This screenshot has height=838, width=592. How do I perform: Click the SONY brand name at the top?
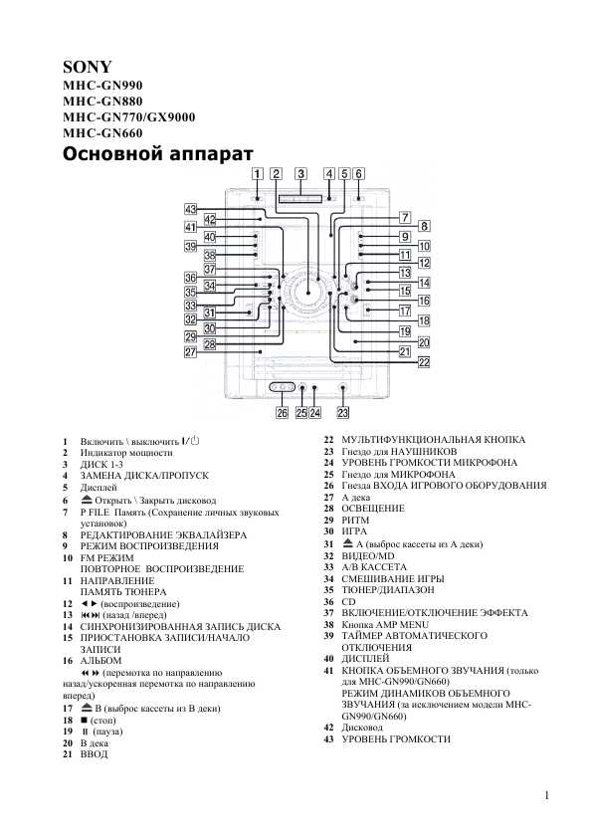[x=88, y=67]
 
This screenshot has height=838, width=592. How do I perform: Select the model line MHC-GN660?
[x=102, y=133]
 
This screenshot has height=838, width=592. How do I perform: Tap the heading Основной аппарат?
[x=157, y=154]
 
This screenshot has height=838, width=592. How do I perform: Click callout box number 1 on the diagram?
[x=258, y=174]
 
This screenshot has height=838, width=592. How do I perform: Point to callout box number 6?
[x=358, y=174]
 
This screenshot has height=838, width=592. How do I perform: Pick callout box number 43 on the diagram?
[x=191, y=209]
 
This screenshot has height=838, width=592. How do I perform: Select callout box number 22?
[x=424, y=362]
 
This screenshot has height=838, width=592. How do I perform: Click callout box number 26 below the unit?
[x=283, y=413]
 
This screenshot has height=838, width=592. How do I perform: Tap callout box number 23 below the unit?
[x=343, y=413]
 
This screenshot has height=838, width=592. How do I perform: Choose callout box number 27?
[x=191, y=352]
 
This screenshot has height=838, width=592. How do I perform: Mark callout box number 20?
[x=424, y=342]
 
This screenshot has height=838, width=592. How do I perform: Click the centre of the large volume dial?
[x=308, y=293]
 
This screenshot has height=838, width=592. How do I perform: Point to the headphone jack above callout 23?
[x=342, y=389]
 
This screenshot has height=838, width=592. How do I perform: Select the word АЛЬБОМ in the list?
[x=100, y=661]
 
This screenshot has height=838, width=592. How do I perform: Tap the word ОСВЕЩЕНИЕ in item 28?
[x=373, y=509]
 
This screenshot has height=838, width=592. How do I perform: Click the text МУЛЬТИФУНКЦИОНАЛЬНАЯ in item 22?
[x=410, y=440]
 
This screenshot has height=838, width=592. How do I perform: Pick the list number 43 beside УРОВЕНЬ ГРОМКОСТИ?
[x=328, y=739]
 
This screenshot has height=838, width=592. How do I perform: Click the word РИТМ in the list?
[x=355, y=520]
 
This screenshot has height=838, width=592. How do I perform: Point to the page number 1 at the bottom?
[x=546, y=796]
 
